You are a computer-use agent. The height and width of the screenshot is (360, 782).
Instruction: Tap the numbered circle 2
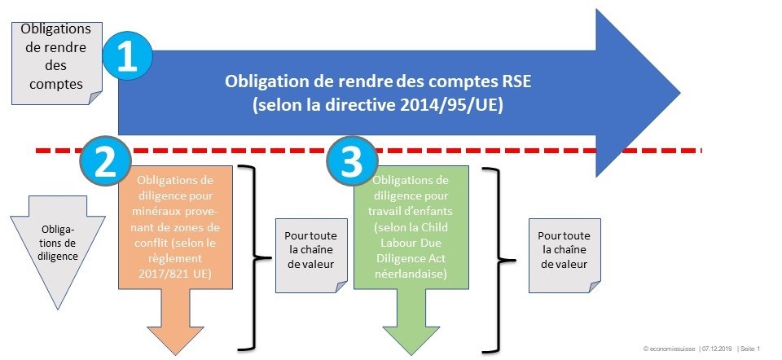(106, 161)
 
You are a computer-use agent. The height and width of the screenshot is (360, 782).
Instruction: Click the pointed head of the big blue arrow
(679, 93)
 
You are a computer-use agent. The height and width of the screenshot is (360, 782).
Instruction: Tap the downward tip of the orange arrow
(175, 355)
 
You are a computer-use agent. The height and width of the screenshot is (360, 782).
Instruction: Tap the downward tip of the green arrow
(411, 355)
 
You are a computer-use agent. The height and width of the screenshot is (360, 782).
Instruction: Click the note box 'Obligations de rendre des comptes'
(57, 64)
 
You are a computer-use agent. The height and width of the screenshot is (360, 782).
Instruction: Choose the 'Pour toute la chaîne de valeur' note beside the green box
(565, 255)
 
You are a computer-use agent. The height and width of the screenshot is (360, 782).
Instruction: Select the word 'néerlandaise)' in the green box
(411, 274)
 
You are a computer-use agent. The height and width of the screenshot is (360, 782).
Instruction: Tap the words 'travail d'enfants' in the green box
(411, 211)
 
